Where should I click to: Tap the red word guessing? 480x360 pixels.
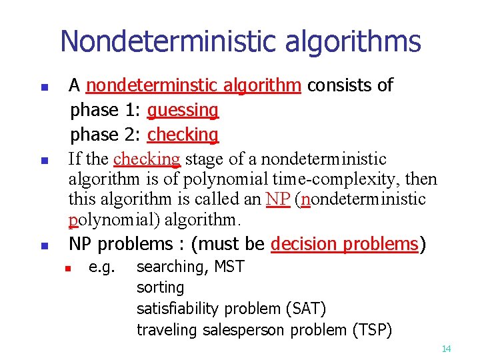pyautogui.click(x=183, y=110)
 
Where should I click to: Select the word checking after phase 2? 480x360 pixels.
pyautogui.click(x=183, y=135)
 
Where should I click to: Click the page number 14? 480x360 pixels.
pyautogui.click(x=446, y=349)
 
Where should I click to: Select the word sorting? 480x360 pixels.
pyautogui.click(x=160, y=288)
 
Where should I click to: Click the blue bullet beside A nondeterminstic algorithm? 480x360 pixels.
pyautogui.click(x=43, y=87)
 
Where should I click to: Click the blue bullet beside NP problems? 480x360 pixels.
pyautogui.click(x=43, y=246)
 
